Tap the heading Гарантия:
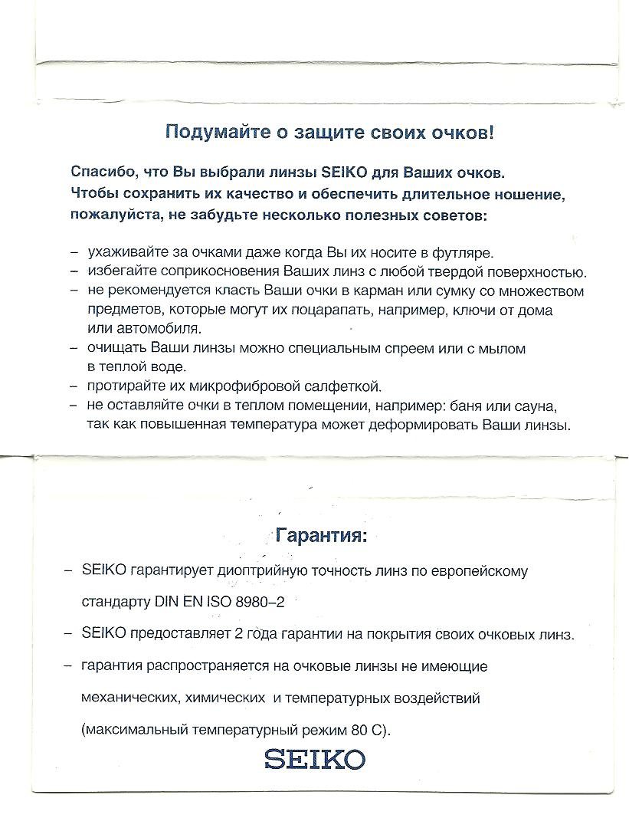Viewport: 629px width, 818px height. (x=321, y=534)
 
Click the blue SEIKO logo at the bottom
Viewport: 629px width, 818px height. (x=315, y=760)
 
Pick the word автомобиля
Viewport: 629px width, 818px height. (x=146, y=329)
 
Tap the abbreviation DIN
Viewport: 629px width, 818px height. (x=165, y=602)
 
